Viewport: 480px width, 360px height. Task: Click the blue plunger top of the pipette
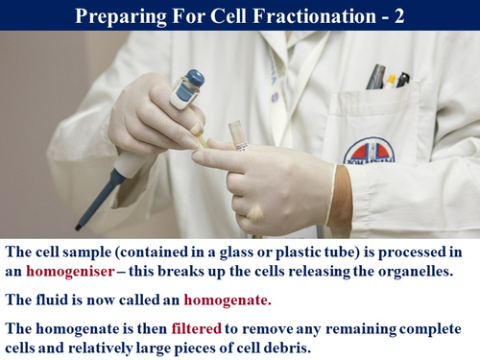[192, 80]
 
